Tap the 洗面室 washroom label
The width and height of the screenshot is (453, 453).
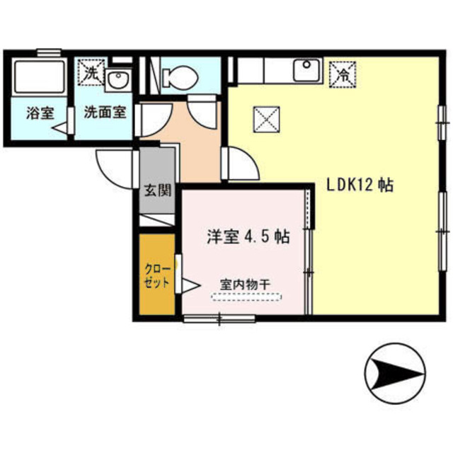point(105,113)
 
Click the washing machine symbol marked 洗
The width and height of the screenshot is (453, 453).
point(90,72)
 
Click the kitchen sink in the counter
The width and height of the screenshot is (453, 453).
point(307,70)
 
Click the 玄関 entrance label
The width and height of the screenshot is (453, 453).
point(157,190)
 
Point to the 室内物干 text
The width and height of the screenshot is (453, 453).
point(245,285)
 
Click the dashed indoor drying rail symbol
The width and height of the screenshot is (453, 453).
point(245,299)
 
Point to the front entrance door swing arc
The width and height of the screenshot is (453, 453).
point(113,170)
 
